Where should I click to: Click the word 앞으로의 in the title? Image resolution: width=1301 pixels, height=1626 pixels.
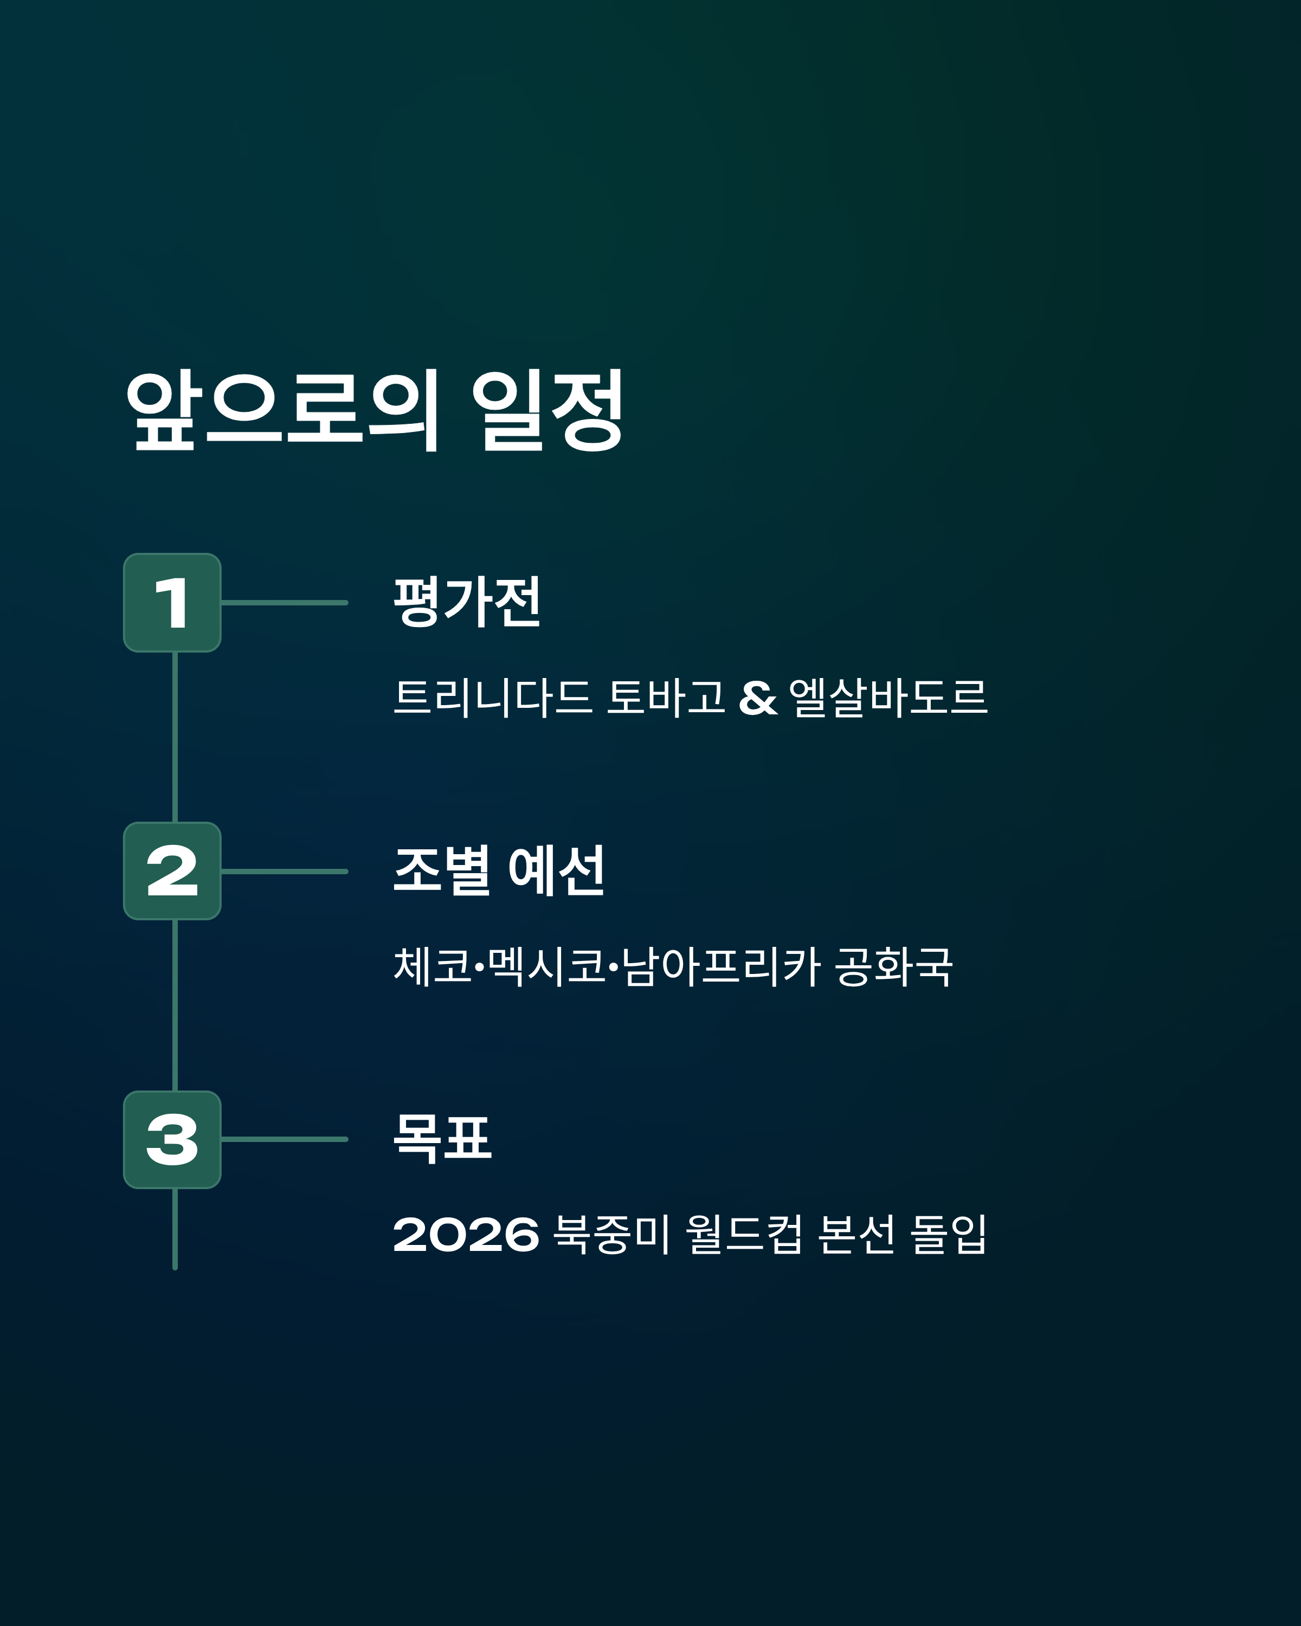[283, 411]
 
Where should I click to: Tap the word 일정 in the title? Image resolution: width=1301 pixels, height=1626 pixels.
[548, 411]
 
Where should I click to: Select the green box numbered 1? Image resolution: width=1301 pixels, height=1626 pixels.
[172, 603]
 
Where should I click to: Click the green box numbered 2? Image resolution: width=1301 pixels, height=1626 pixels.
[172, 871]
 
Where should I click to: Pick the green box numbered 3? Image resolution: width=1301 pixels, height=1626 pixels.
[172, 1140]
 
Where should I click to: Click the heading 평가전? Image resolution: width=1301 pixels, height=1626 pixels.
[467, 602]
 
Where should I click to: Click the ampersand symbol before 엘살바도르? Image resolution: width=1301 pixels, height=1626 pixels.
[758, 698]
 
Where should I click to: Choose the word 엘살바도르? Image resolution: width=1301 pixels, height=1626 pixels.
[888, 697]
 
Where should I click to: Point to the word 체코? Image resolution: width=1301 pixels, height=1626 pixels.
[433, 966]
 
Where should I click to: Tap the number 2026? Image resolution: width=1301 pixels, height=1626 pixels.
[466, 1235]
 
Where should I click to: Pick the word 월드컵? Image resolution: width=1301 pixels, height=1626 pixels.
[744, 1235]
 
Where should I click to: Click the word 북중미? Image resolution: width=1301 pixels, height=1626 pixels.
[611, 1235]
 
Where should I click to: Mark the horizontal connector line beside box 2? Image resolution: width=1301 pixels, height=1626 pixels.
[285, 871]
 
